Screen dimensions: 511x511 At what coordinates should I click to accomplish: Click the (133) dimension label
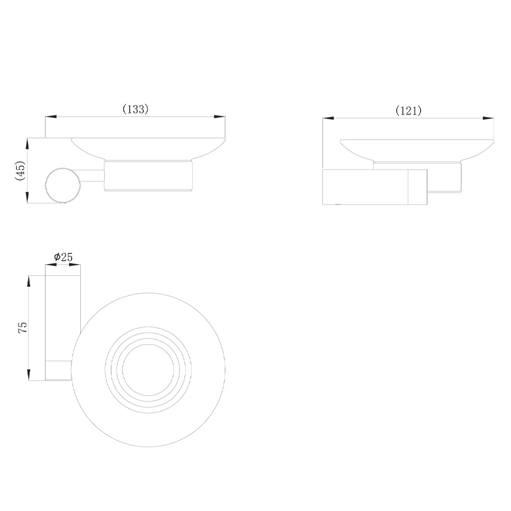point(135,109)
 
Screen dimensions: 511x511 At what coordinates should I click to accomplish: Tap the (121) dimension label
point(408,111)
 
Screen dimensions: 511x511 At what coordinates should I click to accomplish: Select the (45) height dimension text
point(20,171)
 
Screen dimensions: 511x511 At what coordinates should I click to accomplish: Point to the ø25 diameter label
point(63,257)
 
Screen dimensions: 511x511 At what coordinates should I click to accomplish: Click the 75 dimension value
point(23,327)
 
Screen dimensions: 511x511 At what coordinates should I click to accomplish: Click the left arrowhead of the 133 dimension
point(51,117)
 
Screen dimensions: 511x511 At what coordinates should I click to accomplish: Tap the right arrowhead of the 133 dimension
point(219,117)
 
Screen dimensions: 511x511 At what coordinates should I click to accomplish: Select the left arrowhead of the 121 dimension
point(328,119)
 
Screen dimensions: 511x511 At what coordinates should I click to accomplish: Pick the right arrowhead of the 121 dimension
point(488,119)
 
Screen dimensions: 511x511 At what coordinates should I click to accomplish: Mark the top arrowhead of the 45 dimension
point(28,144)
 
